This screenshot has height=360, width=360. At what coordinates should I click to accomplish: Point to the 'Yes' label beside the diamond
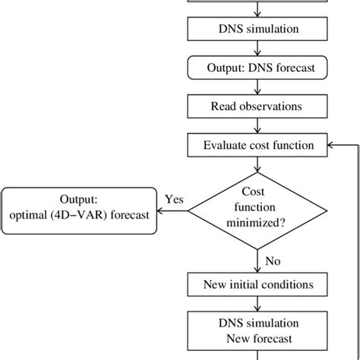click(175, 199)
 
